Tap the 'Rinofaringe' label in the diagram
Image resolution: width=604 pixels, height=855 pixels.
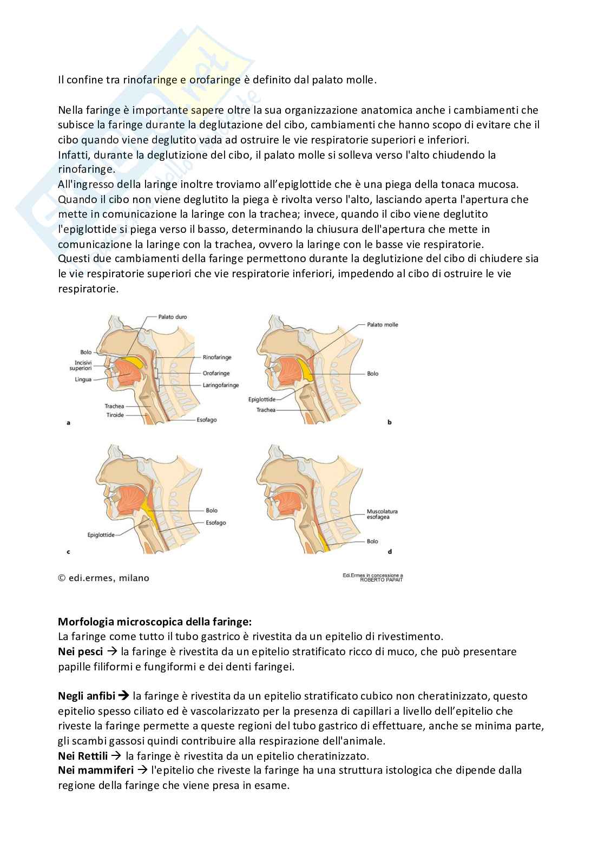point(216,357)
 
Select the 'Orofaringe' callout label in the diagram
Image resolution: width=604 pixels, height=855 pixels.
point(216,373)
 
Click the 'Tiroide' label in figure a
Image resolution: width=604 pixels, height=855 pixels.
point(114,415)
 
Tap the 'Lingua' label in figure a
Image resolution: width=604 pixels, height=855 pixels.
point(83,380)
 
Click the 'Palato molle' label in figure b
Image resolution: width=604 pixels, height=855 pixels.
point(382,325)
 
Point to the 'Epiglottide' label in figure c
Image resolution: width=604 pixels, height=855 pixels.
point(101,535)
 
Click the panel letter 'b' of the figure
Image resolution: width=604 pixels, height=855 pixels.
point(389,422)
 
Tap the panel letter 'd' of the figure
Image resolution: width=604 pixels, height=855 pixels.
point(390,552)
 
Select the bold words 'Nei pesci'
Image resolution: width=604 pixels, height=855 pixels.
point(80,651)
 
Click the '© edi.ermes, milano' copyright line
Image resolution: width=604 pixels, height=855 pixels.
point(103,578)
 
